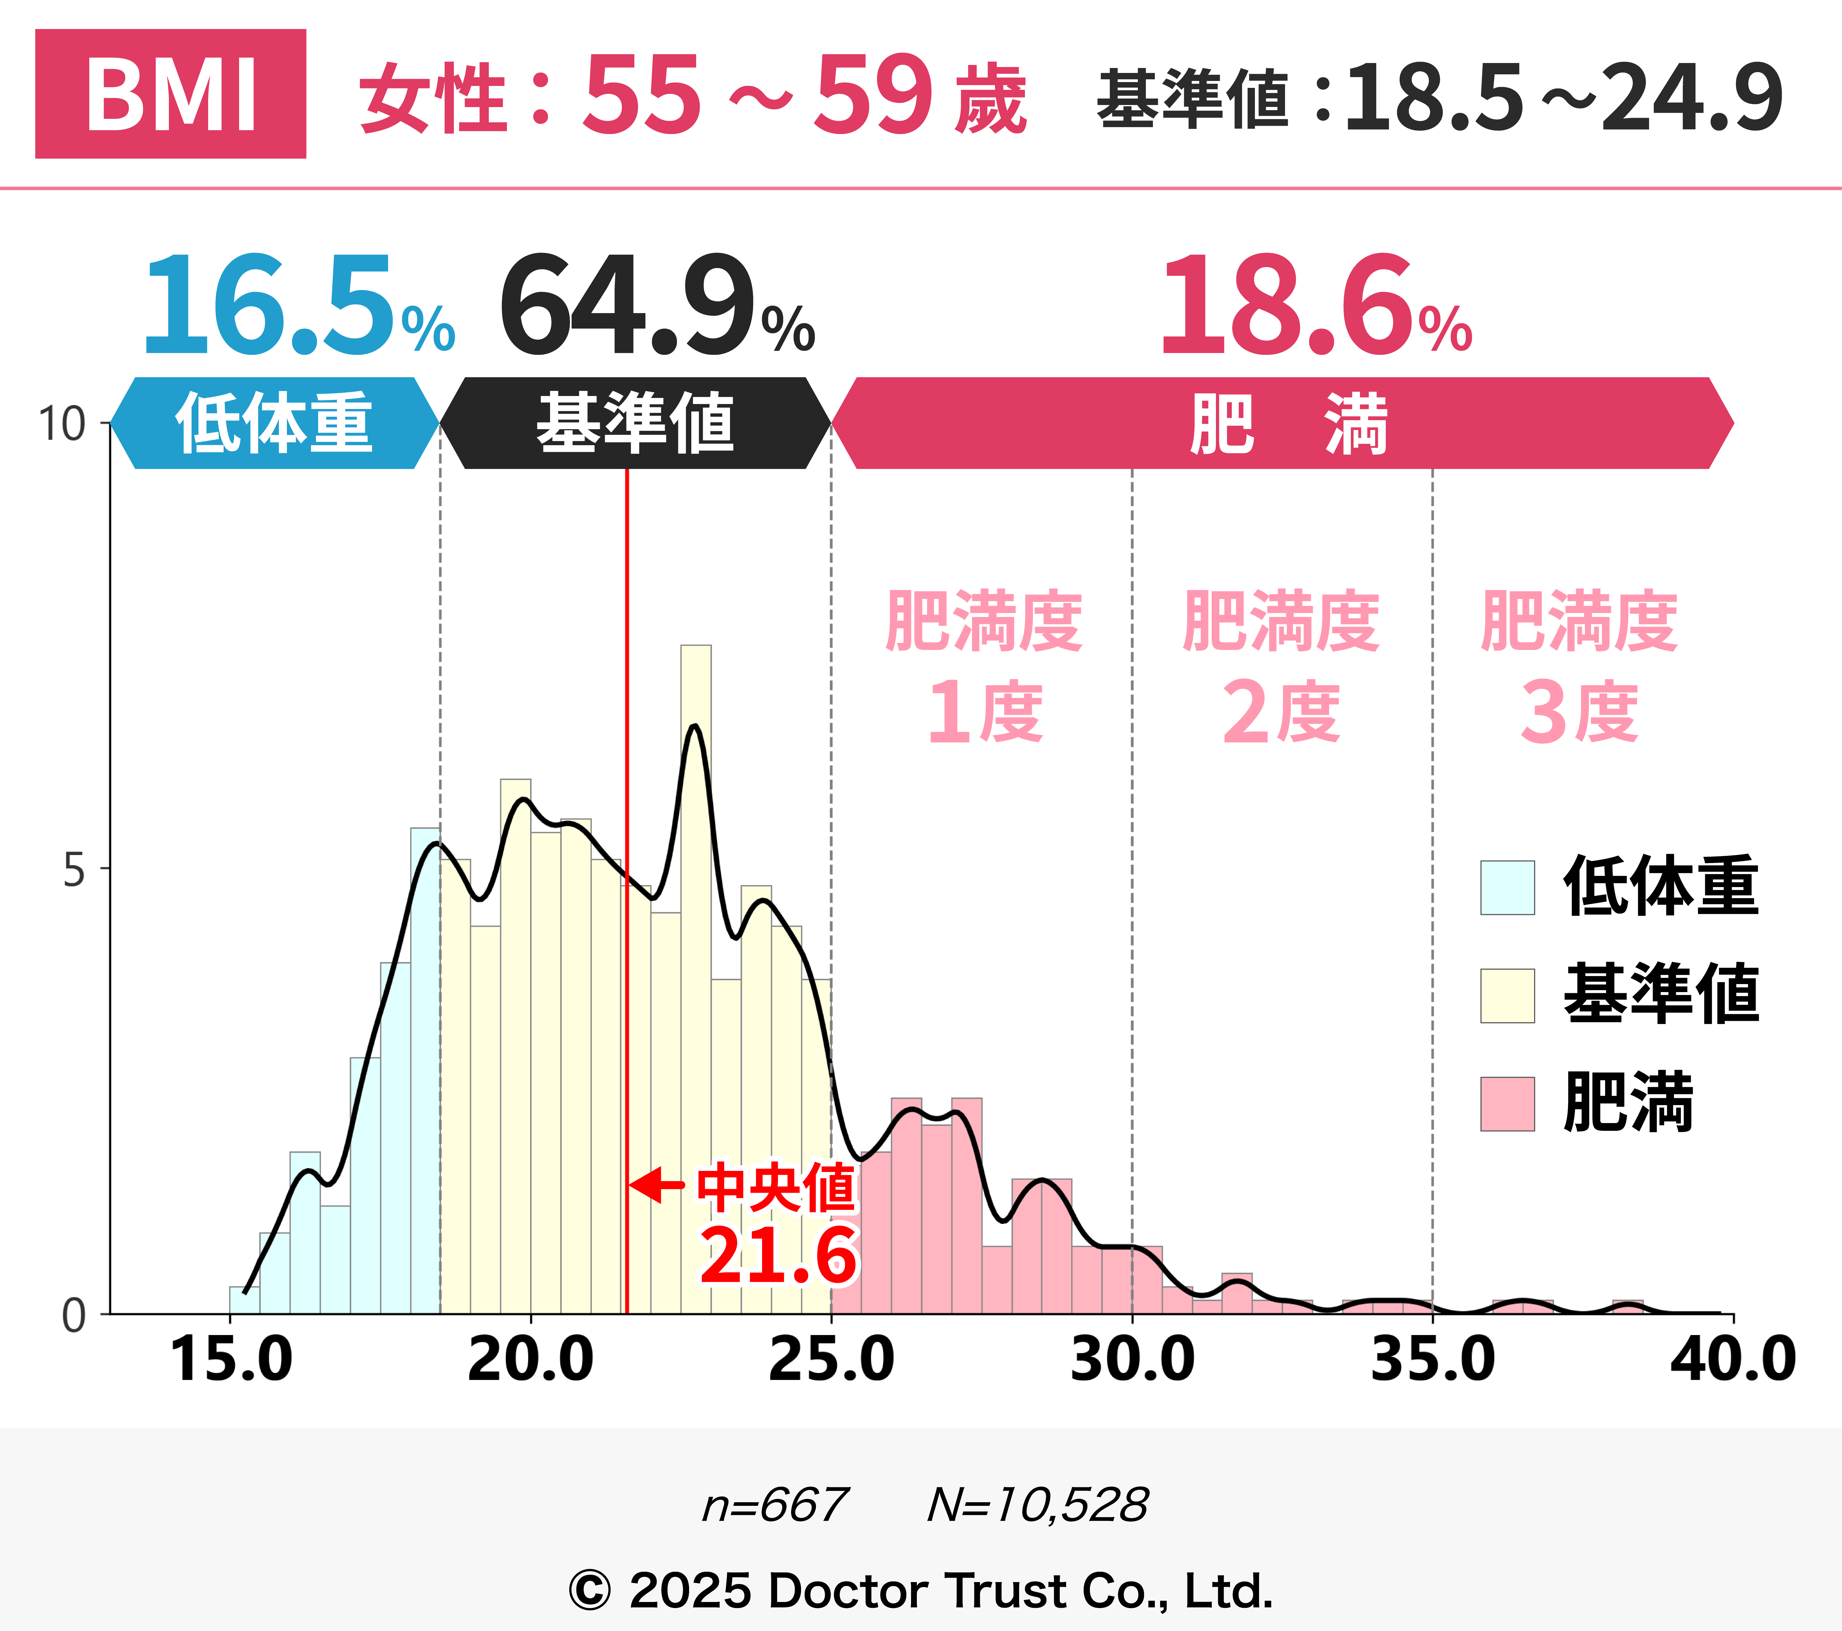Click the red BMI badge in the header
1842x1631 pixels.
coord(170,94)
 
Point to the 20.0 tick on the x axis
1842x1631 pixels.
coord(531,1359)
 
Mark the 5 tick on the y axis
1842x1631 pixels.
coord(74,870)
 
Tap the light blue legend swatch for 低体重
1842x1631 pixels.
coord(1507,888)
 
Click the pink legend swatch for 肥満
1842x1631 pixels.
coord(1507,1104)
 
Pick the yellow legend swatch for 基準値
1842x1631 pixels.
coord(1507,996)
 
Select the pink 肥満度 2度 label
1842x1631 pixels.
coord(1281,667)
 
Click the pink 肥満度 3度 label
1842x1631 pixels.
coord(1579,667)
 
